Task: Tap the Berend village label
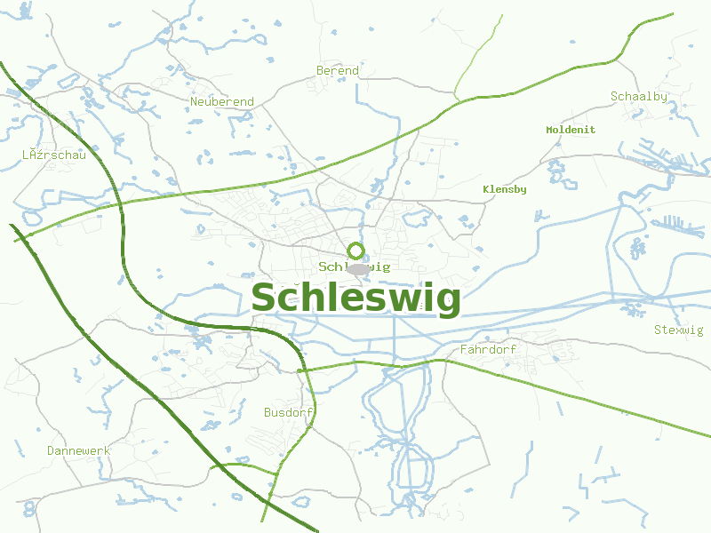point(338,71)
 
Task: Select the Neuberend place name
point(222,102)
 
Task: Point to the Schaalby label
point(639,97)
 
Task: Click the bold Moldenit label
point(571,130)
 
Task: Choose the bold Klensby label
point(504,189)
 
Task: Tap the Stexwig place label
point(678,330)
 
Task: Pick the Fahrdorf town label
point(488,350)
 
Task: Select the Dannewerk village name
point(78,451)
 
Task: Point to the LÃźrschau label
point(53,155)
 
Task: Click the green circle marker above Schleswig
point(356,251)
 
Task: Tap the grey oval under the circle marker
point(357,268)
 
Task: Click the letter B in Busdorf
point(268,413)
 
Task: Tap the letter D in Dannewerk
point(51,451)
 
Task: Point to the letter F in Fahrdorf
point(464,350)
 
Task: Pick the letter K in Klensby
point(486,189)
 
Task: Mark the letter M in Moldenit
point(550,130)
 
